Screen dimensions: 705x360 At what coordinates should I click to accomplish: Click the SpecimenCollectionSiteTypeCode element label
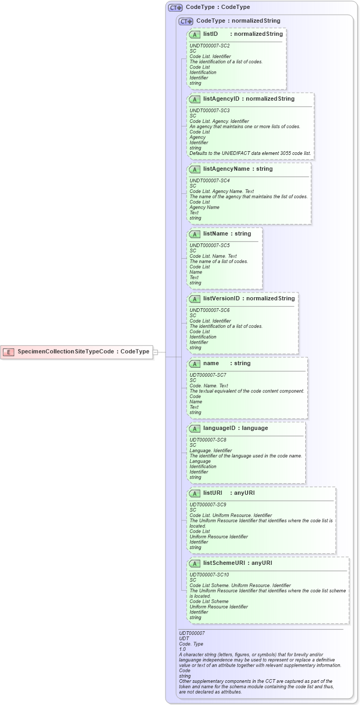(x=65, y=351)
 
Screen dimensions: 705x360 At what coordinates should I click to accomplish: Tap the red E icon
(x=8, y=351)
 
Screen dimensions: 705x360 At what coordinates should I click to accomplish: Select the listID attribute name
(x=210, y=34)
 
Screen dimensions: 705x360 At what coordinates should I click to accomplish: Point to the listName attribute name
(x=219, y=233)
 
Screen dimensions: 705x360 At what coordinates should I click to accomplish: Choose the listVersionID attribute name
(x=221, y=298)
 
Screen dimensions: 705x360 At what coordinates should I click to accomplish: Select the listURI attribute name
(x=212, y=493)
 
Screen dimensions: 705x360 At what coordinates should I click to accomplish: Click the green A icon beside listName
(x=194, y=234)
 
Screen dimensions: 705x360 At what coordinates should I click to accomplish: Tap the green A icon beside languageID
(x=194, y=428)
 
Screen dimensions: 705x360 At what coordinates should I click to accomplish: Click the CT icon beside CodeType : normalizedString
(x=186, y=21)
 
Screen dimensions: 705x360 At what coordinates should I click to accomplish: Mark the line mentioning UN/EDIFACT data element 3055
(x=250, y=153)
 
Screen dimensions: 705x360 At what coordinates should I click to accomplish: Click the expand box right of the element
(x=155, y=351)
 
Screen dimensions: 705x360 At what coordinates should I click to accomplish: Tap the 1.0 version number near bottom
(x=182, y=649)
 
